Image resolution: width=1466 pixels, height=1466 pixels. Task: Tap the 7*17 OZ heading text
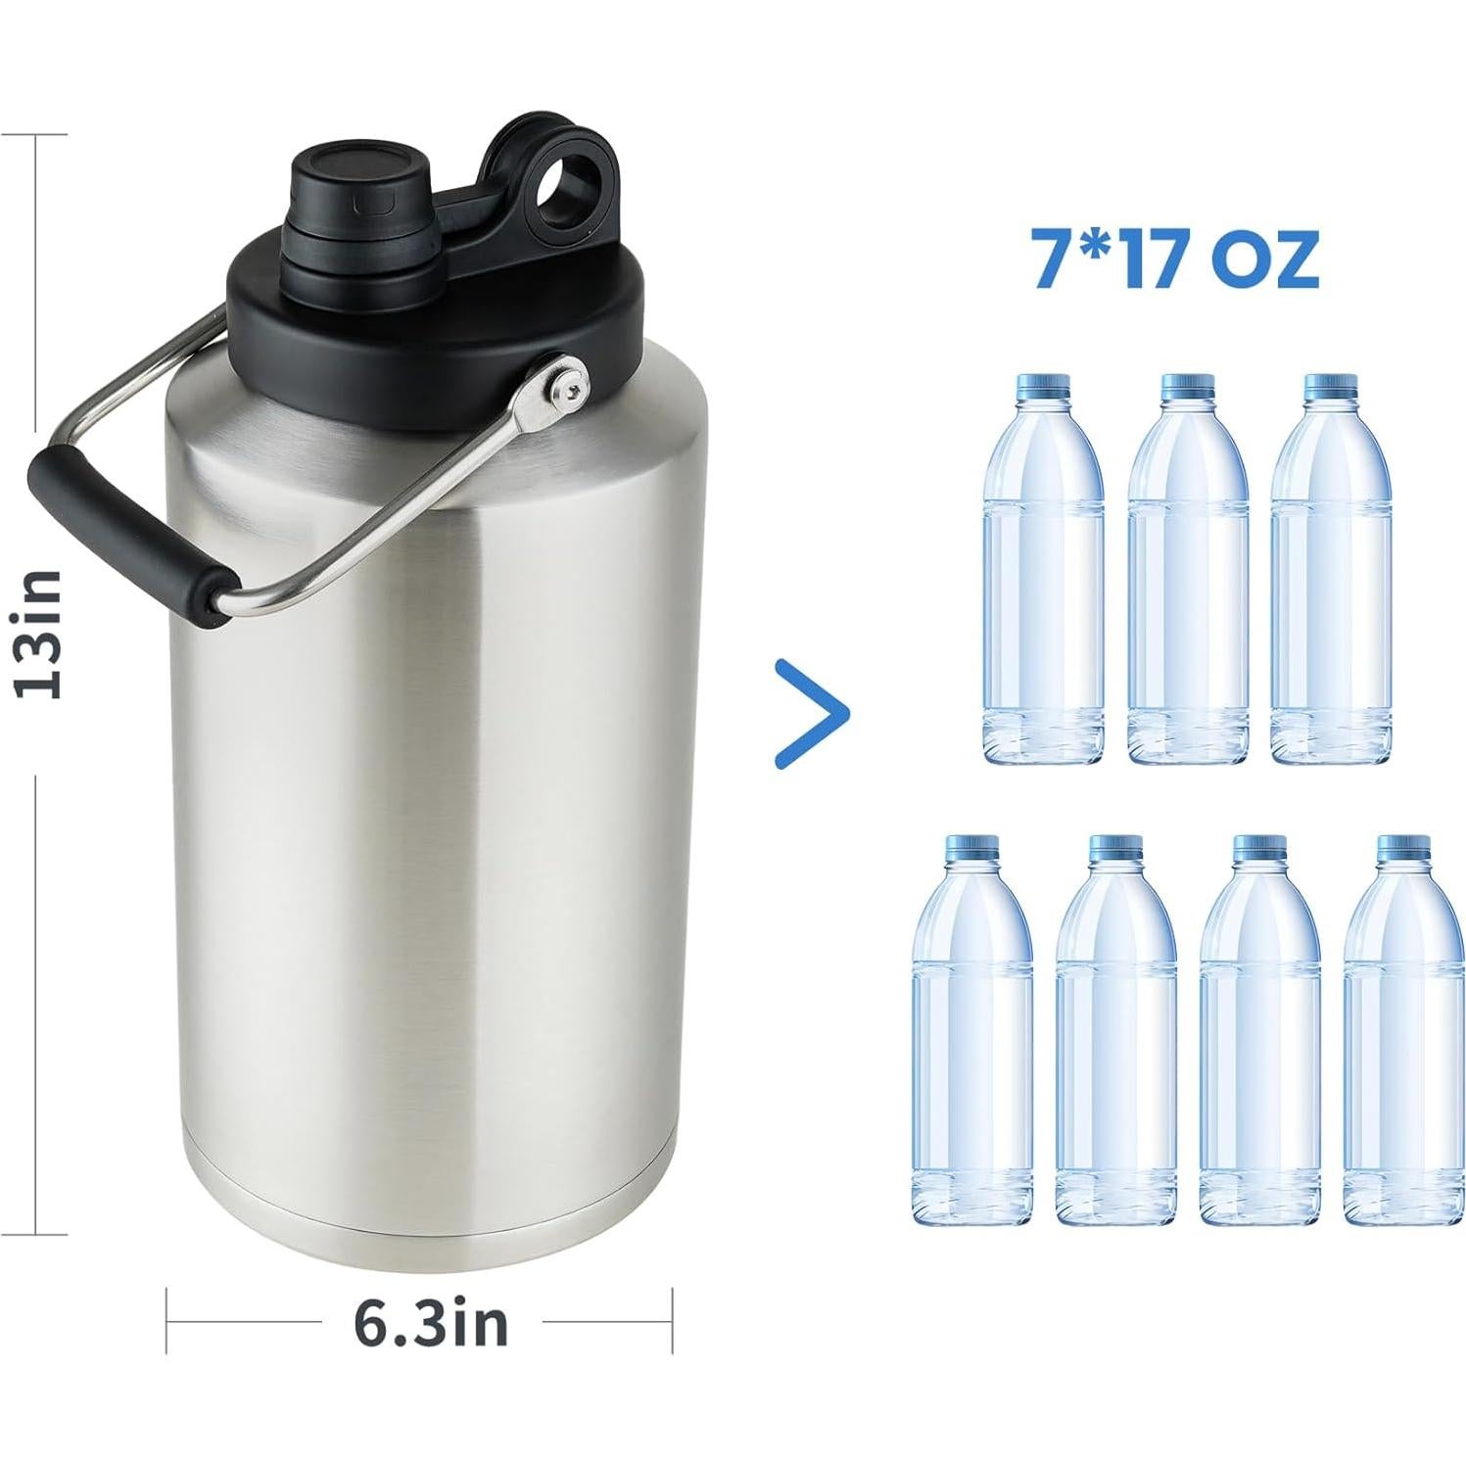click(1176, 259)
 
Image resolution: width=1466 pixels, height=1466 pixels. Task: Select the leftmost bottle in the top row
click(1042, 578)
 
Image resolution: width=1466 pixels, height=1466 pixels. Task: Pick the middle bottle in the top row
click(1187, 578)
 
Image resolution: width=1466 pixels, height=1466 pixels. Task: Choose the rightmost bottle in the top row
click(1330, 578)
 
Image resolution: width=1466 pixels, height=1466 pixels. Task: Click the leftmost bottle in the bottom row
click(971, 1038)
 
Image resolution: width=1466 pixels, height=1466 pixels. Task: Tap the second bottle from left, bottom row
click(1115, 1038)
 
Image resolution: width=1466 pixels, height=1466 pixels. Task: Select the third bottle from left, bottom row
click(1258, 1038)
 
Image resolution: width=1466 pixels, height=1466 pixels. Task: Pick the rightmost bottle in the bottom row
click(1402, 1038)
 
